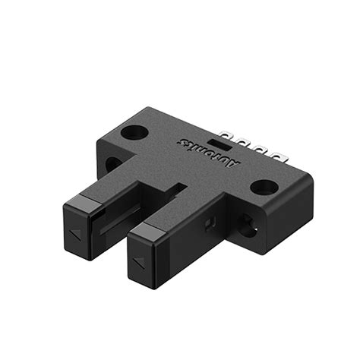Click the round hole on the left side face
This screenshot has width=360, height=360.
click(112, 163)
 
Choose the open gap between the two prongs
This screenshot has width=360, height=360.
click(141, 216)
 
